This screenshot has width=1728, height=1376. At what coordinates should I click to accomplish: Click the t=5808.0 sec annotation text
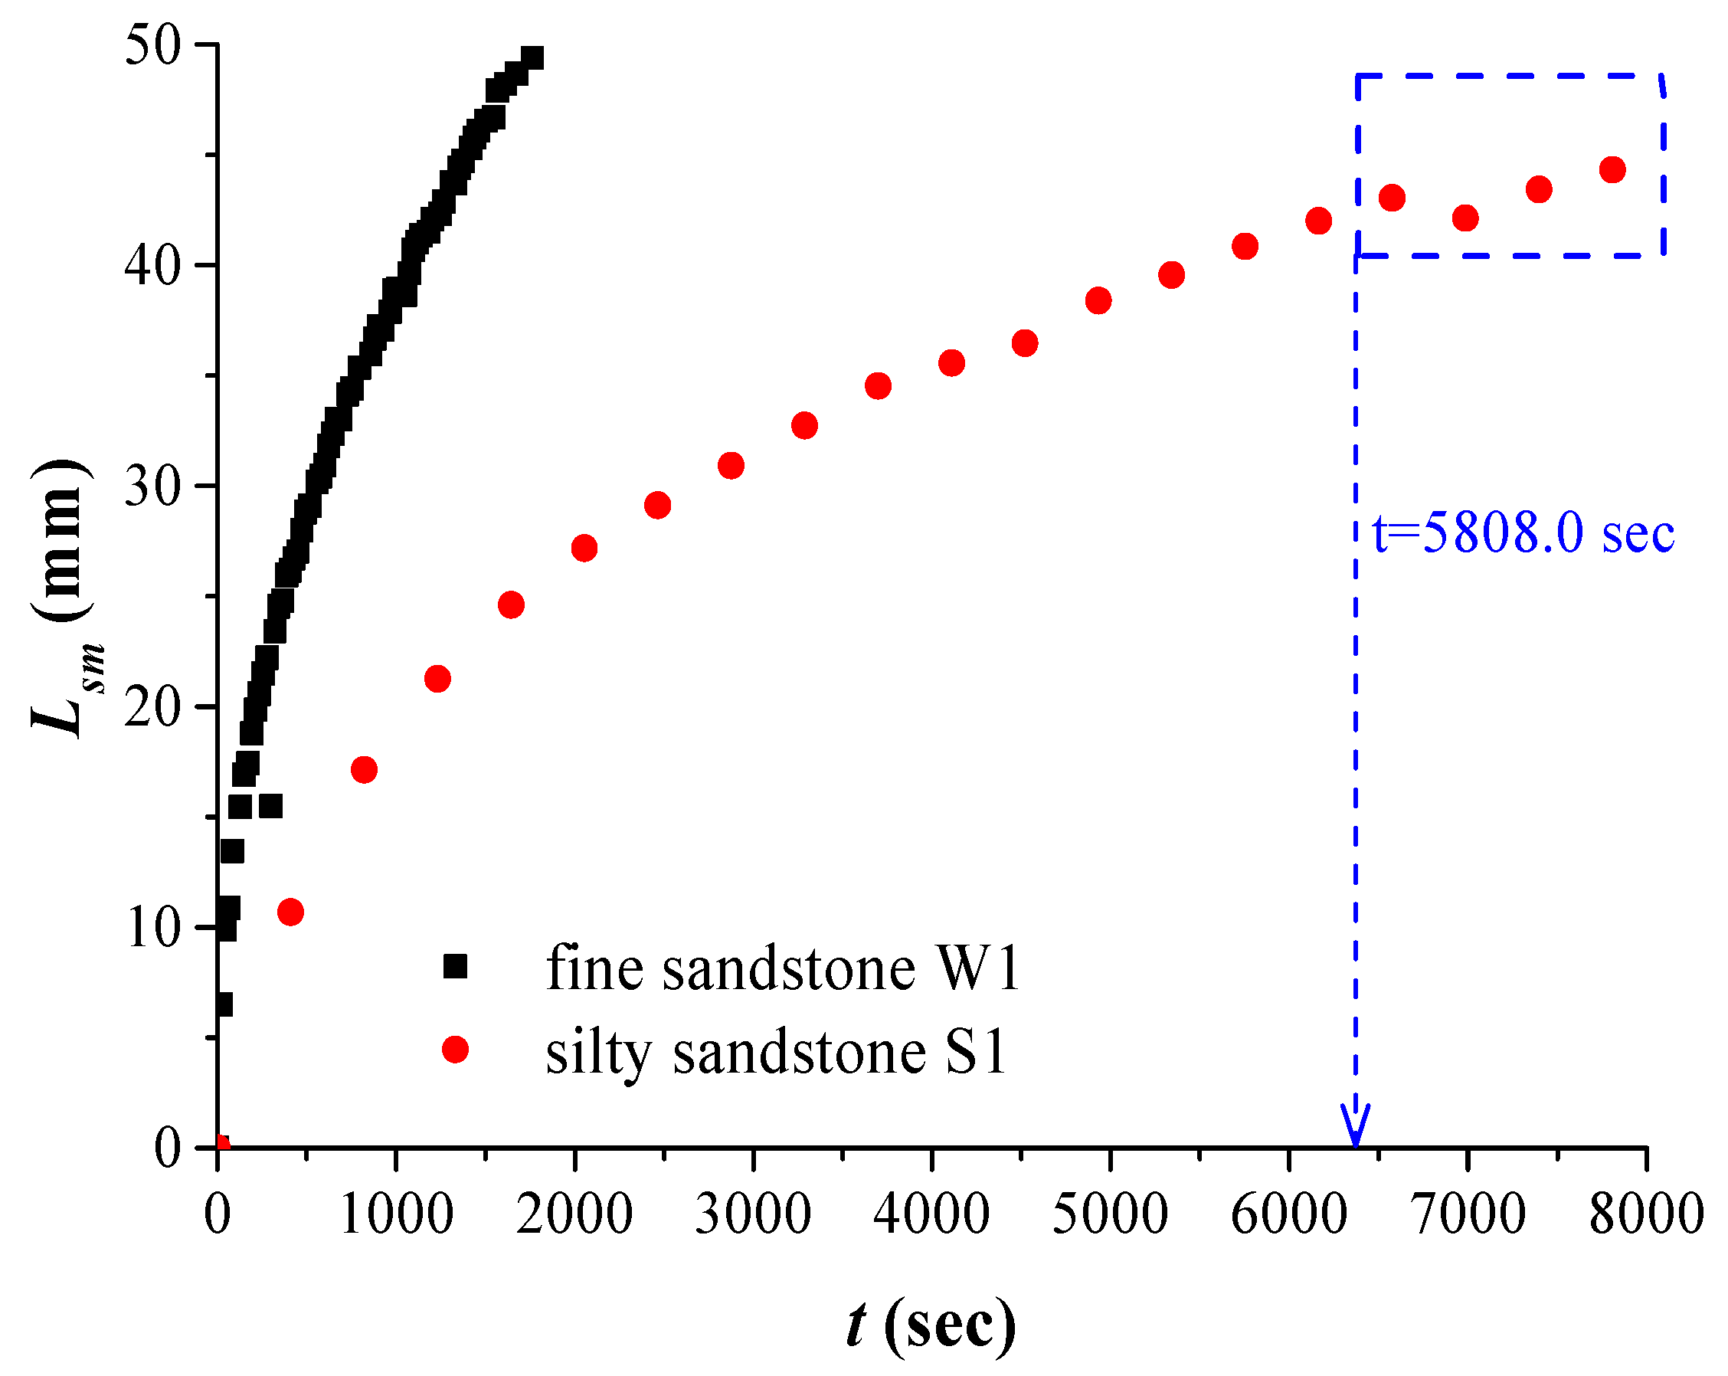click(1523, 533)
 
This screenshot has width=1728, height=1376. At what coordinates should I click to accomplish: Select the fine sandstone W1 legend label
click(783, 968)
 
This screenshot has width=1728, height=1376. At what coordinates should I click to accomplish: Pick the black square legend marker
click(455, 966)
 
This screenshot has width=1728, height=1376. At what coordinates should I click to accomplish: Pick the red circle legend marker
click(455, 1049)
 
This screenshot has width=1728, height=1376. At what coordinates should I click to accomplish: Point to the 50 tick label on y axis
click(153, 46)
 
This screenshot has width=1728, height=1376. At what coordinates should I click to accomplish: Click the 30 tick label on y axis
click(153, 486)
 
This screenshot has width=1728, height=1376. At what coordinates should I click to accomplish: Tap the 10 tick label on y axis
click(153, 928)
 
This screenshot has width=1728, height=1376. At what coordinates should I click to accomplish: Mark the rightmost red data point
click(1612, 170)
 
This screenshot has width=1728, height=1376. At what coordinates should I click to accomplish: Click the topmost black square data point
click(532, 57)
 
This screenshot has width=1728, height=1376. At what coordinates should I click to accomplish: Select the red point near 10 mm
click(290, 912)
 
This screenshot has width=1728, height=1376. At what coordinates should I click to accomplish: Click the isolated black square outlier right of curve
click(271, 806)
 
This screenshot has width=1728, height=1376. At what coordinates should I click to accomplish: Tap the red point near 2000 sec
click(584, 549)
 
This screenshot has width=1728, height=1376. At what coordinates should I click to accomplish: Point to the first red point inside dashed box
click(1393, 197)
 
